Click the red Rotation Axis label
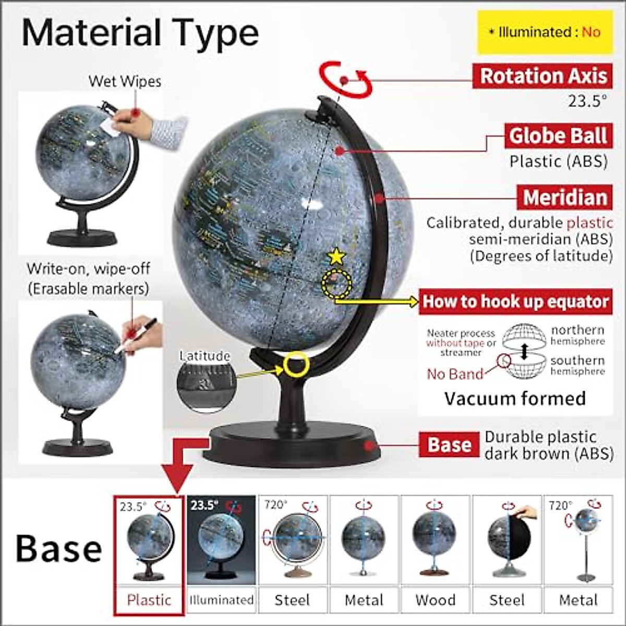543,76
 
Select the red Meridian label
565,198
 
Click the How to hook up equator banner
515,302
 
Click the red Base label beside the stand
449,445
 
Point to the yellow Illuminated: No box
546,32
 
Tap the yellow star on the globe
336,257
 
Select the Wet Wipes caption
125,81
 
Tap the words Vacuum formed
515,399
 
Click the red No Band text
455,374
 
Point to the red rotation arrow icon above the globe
345,80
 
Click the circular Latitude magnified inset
206,382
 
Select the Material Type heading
140,32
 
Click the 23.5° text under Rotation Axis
587,101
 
